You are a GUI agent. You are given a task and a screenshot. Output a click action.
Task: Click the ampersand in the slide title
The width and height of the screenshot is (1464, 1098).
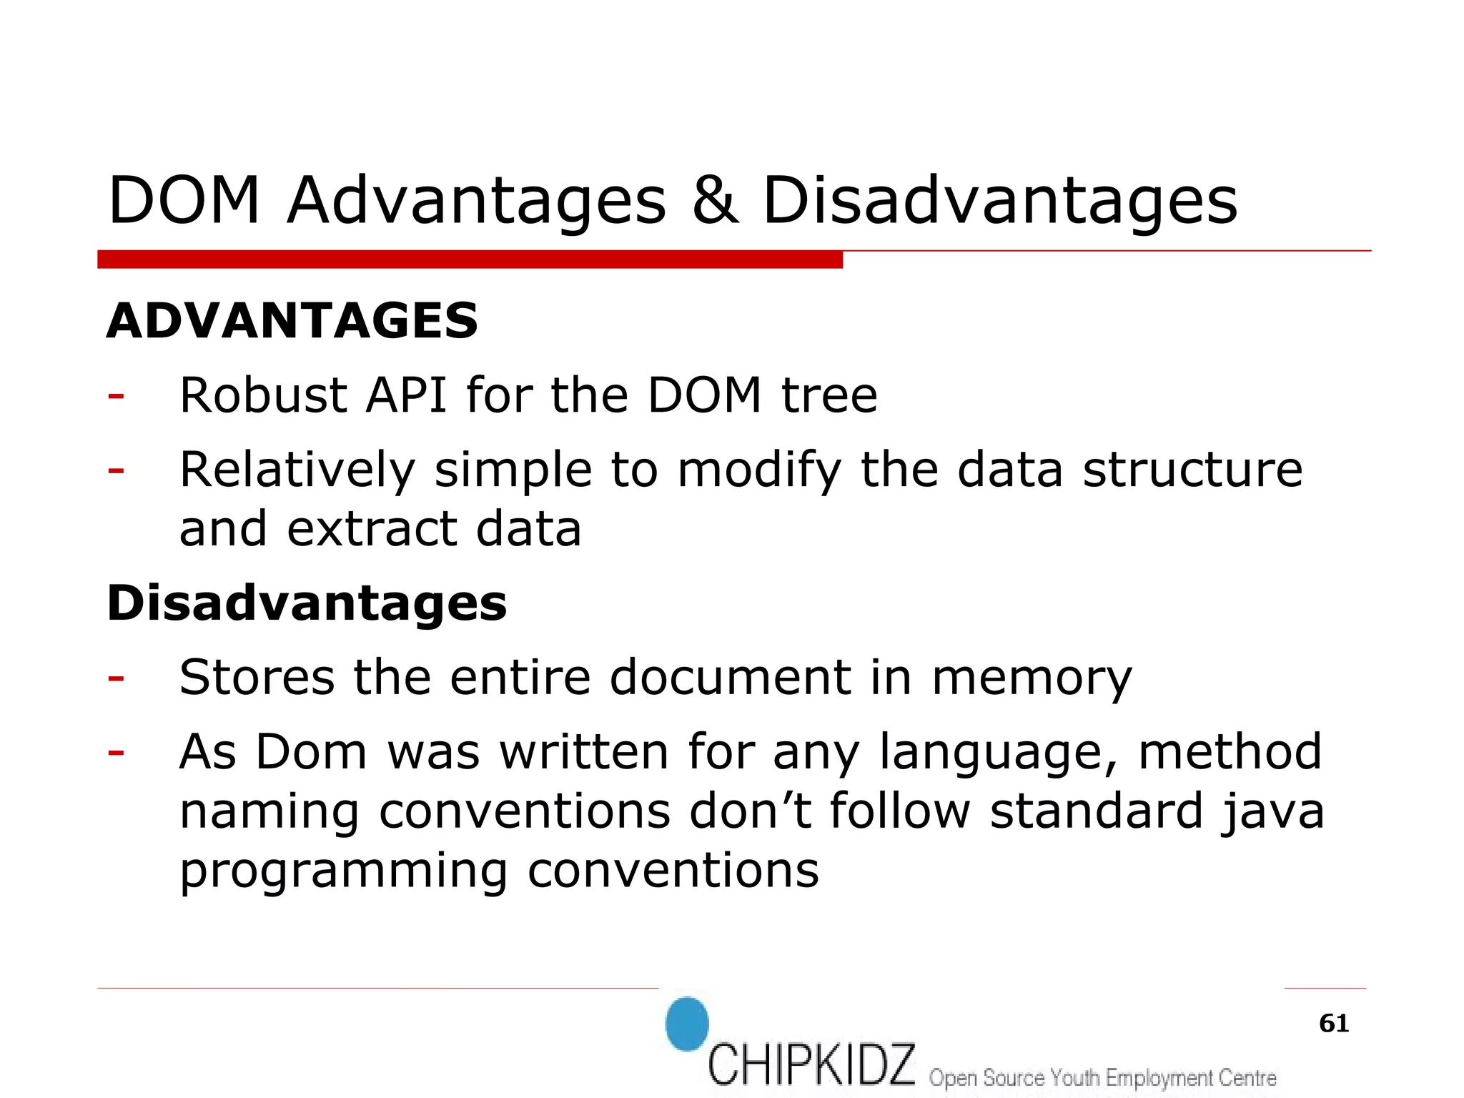[x=715, y=201]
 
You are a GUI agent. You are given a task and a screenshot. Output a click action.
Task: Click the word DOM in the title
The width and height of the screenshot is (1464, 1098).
[x=184, y=201]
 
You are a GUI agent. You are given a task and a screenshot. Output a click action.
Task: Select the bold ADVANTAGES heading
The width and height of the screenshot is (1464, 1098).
[x=292, y=321]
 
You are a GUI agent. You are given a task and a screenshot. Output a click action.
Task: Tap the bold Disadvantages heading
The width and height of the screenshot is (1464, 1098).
[x=307, y=603]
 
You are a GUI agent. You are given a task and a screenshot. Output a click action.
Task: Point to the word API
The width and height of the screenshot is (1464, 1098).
[x=406, y=395]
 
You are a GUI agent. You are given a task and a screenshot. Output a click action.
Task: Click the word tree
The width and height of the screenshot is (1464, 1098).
[x=829, y=395]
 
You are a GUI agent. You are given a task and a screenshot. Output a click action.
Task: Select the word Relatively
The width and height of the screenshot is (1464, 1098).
[x=297, y=470]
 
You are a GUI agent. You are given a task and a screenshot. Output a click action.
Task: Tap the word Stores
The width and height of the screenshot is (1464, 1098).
[x=257, y=677]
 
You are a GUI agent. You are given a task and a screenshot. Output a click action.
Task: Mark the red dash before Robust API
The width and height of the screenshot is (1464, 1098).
[x=116, y=395]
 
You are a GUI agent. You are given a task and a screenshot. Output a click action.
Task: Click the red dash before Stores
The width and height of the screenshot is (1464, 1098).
[x=116, y=677]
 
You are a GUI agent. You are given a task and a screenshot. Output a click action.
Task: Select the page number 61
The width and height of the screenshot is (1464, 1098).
[x=1334, y=1024]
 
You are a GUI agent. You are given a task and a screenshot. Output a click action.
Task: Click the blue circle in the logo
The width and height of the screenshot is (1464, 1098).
[x=687, y=1024]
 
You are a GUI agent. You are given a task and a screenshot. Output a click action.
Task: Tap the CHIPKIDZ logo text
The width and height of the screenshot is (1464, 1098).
[x=811, y=1064]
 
